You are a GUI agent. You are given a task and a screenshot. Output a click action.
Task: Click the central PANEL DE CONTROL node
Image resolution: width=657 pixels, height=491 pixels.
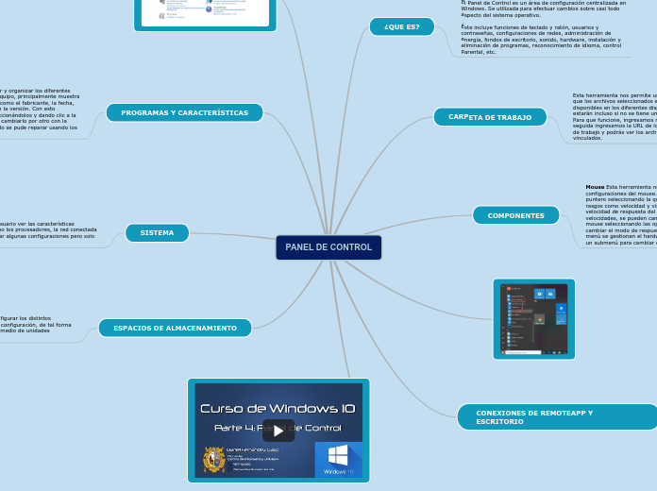(328, 247)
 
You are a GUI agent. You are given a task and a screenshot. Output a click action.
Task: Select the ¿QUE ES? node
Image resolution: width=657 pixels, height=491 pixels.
(401, 26)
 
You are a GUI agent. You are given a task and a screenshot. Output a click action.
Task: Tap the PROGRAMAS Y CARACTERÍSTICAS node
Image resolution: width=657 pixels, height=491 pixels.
(184, 113)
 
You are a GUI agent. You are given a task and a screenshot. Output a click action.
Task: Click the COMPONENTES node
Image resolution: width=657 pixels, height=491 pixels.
(515, 215)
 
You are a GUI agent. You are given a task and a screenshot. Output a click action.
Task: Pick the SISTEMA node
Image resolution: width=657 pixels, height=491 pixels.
(157, 232)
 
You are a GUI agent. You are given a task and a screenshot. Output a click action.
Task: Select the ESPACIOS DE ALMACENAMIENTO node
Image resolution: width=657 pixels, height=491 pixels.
(175, 328)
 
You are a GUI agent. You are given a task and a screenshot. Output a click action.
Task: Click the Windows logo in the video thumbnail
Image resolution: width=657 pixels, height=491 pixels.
(338, 455)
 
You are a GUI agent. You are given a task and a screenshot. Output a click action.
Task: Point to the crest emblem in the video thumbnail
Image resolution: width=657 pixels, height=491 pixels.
(214, 460)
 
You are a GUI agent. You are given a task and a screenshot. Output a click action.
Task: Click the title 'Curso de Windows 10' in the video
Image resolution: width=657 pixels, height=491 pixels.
(278, 408)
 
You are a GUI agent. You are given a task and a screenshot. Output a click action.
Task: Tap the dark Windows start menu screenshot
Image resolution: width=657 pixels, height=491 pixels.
(533, 318)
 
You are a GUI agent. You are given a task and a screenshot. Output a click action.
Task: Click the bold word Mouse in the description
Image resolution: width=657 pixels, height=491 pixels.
(595, 187)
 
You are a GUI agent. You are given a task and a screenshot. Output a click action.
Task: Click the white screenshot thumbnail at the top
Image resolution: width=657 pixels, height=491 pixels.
(205, 11)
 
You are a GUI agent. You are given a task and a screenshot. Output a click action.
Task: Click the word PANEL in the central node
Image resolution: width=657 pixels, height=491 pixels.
(300, 247)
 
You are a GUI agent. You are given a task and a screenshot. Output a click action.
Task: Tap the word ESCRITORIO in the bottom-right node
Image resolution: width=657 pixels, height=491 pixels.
(499, 421)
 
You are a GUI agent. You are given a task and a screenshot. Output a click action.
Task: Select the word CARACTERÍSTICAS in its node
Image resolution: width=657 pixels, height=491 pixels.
(211, 113)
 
